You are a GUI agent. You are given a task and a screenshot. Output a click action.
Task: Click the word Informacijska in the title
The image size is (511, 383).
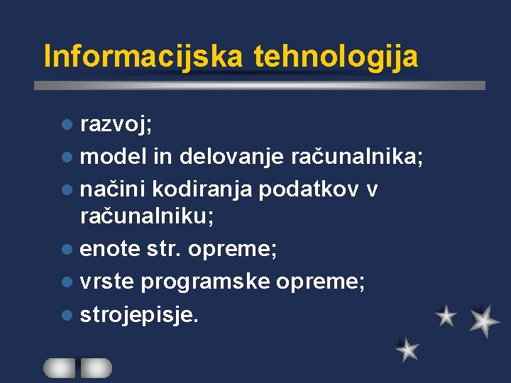click(x=143, y=56)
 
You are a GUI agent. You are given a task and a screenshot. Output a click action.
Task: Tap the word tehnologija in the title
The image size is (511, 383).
click(x=335, y=56)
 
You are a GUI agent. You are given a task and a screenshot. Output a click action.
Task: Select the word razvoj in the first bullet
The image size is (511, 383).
click(x=123, y=125)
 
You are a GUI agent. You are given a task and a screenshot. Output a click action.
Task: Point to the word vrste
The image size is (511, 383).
click(x=107, y=282)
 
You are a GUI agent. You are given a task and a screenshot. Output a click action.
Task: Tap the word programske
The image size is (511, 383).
click(x=206, y=282)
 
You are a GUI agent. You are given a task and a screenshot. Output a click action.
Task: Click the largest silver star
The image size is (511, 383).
click(x=484, y=321)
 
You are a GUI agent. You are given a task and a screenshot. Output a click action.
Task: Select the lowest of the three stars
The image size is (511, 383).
click(x=407, y=349)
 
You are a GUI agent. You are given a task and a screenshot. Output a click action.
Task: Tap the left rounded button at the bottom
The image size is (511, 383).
click(x=60, y=367)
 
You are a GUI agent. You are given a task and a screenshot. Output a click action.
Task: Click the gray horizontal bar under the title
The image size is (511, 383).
click(x=260, y=85)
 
